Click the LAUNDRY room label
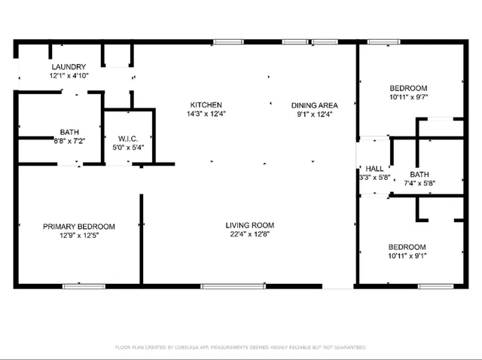coord(69,66)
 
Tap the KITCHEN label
coord(206,105)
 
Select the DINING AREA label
coord(315,105)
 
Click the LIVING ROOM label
coord(249,225)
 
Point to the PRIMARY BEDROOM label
coord(78,226)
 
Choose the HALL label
coord(374,169)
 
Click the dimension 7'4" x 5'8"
coord(419,182)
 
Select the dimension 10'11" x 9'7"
coord(409,96)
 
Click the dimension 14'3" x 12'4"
coord(206,114)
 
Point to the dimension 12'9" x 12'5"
coord(78,236)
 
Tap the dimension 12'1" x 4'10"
coord(69,76)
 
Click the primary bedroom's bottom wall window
coord(83,286)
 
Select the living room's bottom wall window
coord(233,286)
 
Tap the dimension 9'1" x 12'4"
coord(315,114)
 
